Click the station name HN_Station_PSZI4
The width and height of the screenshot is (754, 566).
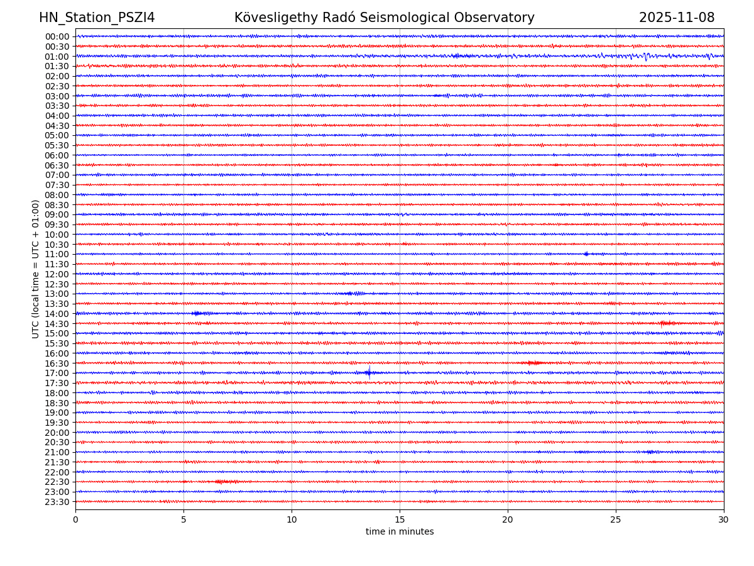coord(97,18)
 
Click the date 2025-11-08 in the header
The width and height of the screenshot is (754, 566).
coord(677,18)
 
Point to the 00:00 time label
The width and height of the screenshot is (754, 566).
coord(57,36)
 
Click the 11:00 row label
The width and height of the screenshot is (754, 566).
coord(57,254)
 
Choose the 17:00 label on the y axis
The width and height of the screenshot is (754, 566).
coord(57,373)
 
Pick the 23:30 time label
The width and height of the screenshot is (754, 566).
coord(57,502)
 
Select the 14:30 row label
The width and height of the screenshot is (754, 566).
coord(57,324)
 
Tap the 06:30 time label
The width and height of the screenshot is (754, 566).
coord(57,165)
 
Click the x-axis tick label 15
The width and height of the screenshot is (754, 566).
coord(400,519)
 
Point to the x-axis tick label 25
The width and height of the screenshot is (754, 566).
coord(616,519)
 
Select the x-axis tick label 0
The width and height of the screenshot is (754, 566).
coord(75,519)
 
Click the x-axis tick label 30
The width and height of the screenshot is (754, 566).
coord(724,519)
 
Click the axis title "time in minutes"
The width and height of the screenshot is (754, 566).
coord(400,532)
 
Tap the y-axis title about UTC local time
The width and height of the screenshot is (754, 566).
coord(36,269)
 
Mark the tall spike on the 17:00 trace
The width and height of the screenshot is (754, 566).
coord(369,372)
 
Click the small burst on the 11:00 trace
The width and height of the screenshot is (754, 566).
coord(586,254)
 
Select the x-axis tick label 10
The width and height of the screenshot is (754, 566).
coord(292,519)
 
